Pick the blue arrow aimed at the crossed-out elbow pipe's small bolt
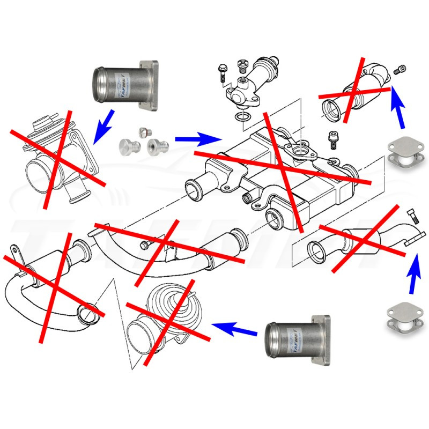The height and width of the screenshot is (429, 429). pyautogui.click(x=397, y=106)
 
